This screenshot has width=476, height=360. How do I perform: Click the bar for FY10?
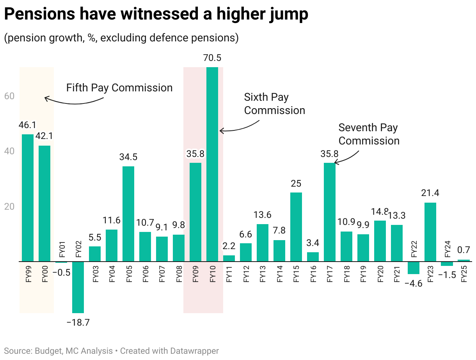click(x=212, y=164)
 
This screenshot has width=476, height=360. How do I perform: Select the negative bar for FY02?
click(x=78, y=287)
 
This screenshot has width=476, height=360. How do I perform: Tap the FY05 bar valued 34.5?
click(x=128, y=214)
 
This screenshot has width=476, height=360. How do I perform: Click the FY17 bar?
click(x=330, y=212)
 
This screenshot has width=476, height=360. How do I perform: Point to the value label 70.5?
click(x=212, y=58)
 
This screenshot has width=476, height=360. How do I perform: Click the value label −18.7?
click(x=78, y=323)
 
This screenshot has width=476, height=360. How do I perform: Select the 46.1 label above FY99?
click(x=27, y=125)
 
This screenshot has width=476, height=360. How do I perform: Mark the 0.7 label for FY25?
click(x=464, y=250)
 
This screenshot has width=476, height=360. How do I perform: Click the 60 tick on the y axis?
click(x=9, y=96)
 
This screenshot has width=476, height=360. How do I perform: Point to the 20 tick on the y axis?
click(x=9, y=207)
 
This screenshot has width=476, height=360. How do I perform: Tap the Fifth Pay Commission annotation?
click(x=119, y=87)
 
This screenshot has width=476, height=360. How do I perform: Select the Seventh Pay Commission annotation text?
click(x=369, y=134)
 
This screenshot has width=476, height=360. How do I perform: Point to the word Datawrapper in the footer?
click(x=195, y=351)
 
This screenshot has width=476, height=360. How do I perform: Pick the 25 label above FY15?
click(x=296, y=184)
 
